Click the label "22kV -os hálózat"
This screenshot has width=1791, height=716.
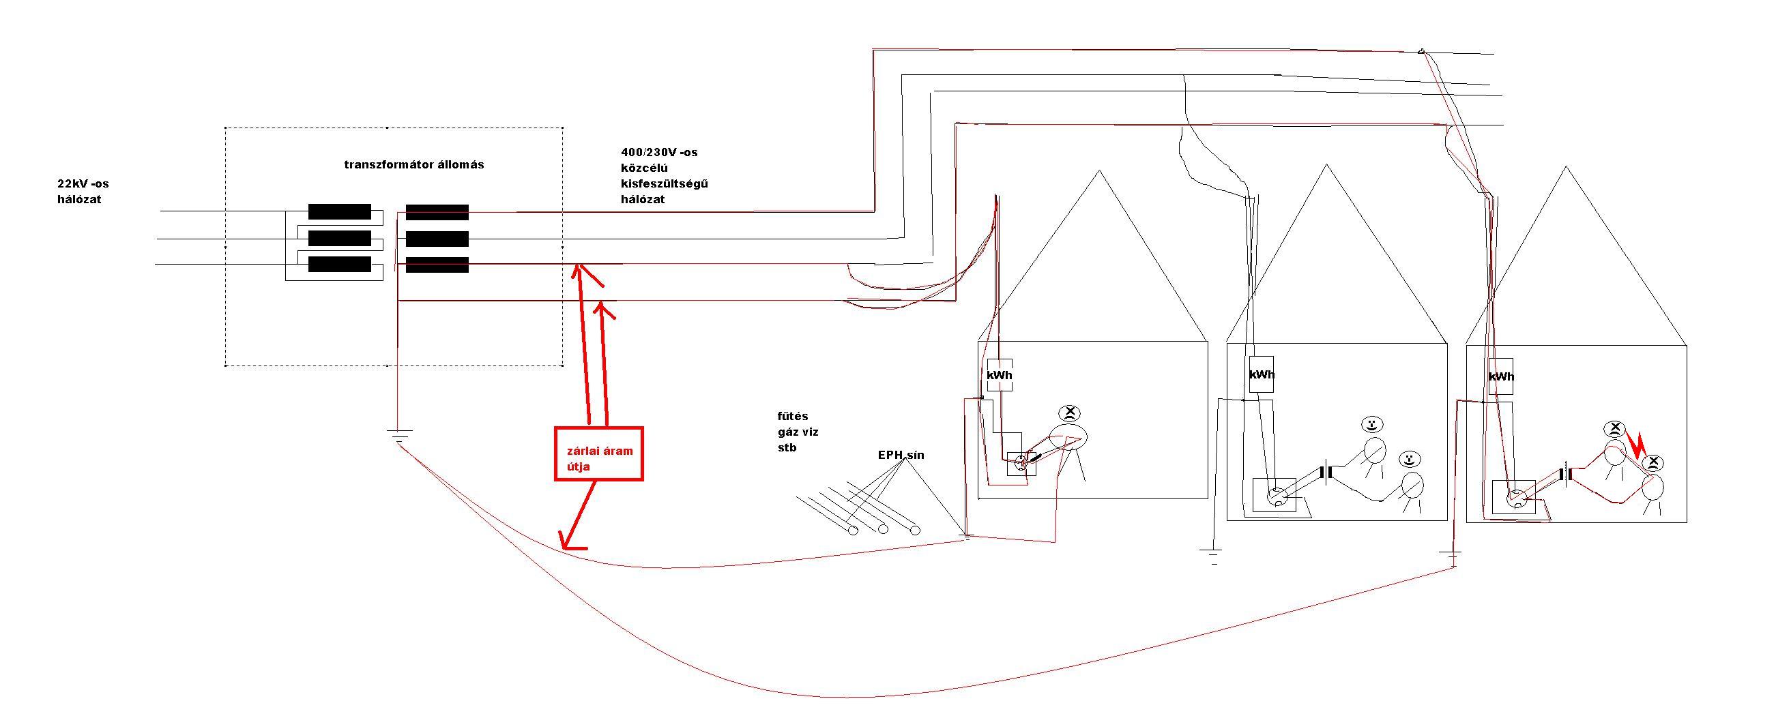coord(83,192)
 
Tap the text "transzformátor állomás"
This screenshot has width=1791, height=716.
coord(414,165)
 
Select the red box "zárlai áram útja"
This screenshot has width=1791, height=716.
coord(598,453)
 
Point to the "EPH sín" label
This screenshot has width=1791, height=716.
coord(901,456)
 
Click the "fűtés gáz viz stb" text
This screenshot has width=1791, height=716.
coord(798,432)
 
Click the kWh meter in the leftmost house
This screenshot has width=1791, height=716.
coord(1000,375)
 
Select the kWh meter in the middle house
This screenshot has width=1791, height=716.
coord(1262,374)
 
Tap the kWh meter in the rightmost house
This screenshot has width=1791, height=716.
coord(1501,377)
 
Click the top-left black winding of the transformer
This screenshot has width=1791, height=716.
coord(339,211)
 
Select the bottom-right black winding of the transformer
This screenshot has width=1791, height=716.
coord(437,265)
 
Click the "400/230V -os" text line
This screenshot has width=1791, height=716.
coord(659,152)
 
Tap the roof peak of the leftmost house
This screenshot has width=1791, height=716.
coord(1098,172)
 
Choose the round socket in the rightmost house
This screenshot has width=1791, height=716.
coord(1515,498)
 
